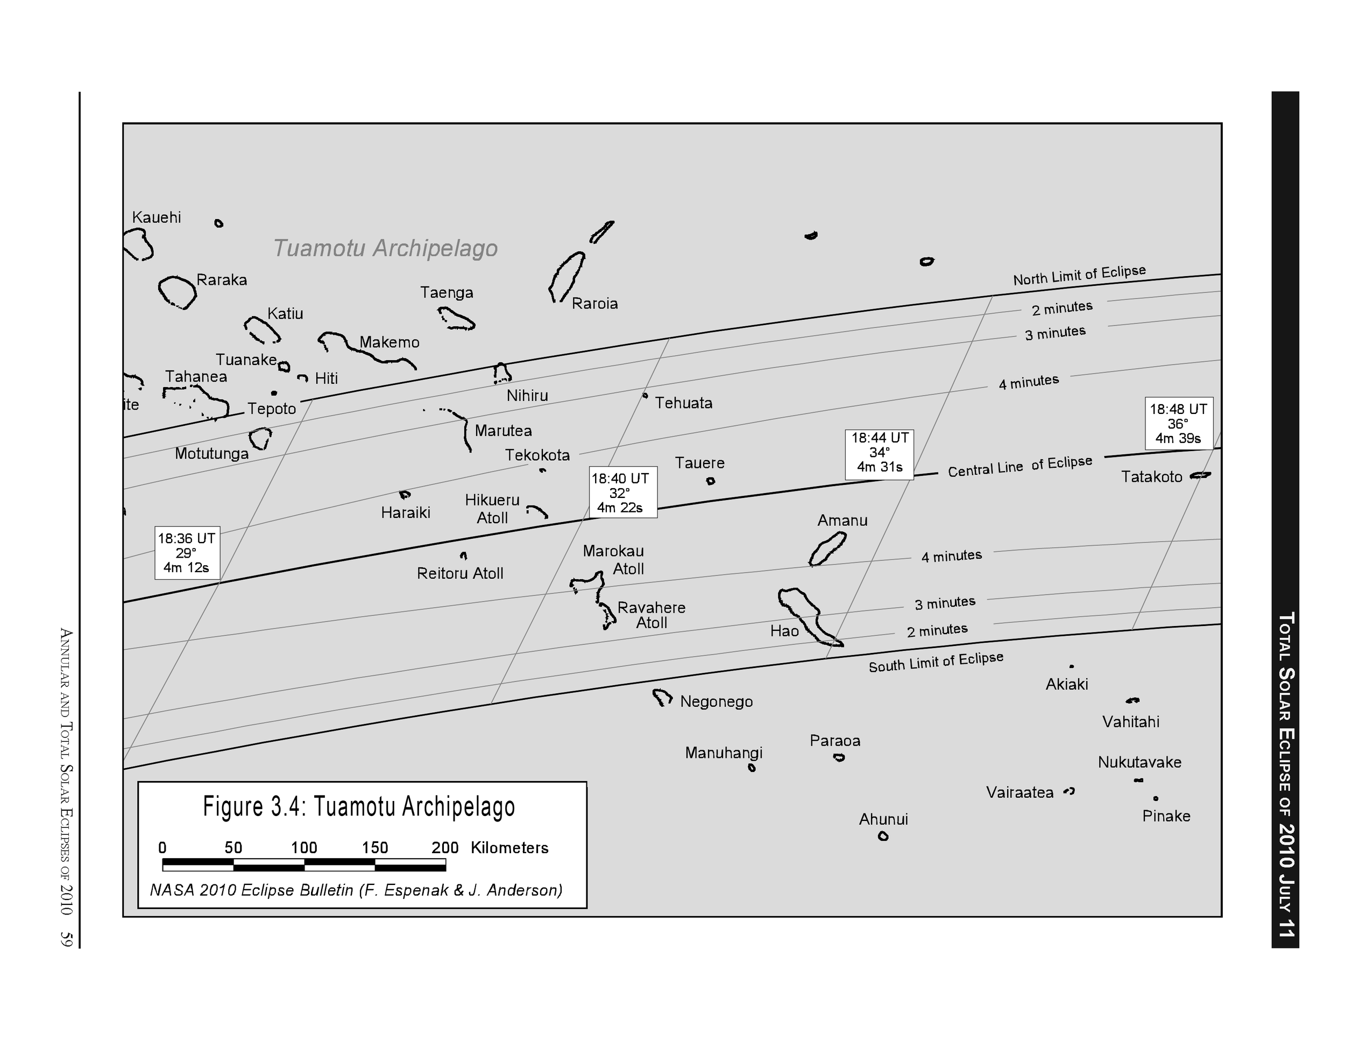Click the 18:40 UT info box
point(620,493)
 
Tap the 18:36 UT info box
point(187,553)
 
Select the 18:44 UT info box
point(880,453)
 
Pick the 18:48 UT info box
point(1178,423)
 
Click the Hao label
point(784,631)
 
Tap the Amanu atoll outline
point(827,549)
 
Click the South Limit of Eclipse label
point(936,662)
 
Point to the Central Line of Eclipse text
point(1020,466)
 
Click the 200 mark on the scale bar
point(444,848)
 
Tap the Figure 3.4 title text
point(359,806)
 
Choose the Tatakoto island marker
point(1200,475)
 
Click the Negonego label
point(716,702)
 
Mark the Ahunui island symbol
point(883,836)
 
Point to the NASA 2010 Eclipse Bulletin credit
point(356,890)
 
